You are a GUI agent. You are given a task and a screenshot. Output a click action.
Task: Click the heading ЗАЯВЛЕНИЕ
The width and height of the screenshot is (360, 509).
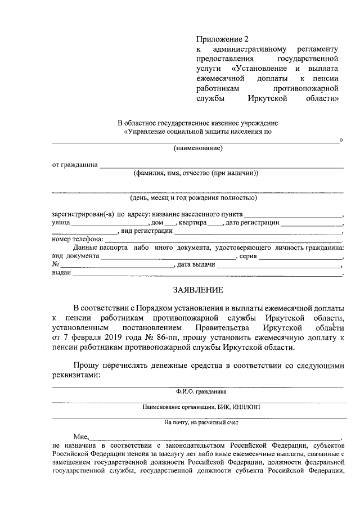197,290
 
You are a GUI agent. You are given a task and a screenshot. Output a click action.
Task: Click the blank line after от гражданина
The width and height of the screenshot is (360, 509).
221,166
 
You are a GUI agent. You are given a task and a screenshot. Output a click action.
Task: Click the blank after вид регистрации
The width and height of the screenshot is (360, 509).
259,232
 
